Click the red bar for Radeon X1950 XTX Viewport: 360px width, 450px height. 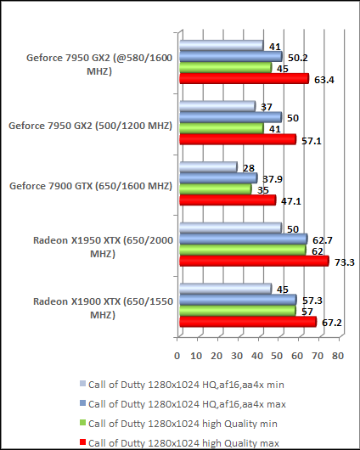click(253, 262)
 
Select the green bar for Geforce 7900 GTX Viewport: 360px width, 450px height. click(215, 189)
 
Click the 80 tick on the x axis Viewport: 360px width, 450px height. click(337, 356)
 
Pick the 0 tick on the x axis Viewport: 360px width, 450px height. click(178, 356)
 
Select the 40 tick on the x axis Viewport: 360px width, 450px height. click(257, 356)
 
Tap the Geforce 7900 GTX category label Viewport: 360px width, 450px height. click(90, 186)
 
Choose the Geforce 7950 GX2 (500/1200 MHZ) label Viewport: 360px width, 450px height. click(90, 126)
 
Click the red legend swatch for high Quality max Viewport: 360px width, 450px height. click(82, 442)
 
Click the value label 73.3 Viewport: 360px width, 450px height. click(344, 262)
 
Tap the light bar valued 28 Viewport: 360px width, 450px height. click(207, 167)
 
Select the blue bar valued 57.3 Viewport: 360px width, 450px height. click(236, 300)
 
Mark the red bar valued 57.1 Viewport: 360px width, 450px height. click(237, 139)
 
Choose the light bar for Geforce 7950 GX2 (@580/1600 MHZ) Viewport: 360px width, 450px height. click(221, 45)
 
